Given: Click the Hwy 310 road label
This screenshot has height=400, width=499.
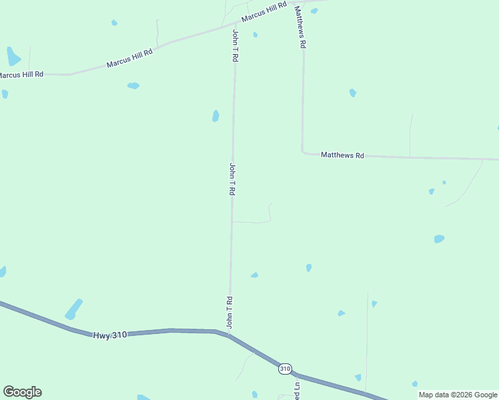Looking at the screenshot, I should [x=109, y=335].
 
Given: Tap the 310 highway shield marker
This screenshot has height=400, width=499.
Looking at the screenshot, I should [x=285, y=368].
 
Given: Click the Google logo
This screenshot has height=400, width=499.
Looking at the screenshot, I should [x=22, y=392].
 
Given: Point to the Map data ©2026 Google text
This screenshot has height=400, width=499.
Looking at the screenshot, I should [x=458, y=395].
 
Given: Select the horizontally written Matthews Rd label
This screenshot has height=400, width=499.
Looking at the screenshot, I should [x=342, y=155].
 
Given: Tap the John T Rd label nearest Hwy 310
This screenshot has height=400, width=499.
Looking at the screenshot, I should [x=229, y=312].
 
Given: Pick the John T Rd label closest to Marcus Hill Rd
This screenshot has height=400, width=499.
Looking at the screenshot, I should [x=235, y=46].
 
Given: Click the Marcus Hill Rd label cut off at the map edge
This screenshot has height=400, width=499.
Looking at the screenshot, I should [x=21, y=75].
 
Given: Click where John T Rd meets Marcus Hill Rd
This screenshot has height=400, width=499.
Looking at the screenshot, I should [x=235, y=26].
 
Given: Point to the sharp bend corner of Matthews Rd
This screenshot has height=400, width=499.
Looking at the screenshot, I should [x=304, y=152].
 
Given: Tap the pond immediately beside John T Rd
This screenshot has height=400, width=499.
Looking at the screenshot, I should [x=215, y=116].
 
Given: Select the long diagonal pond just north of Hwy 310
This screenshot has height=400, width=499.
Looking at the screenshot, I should [x=73, y=309].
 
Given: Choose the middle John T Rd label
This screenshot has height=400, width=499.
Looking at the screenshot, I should [x=232, y=179].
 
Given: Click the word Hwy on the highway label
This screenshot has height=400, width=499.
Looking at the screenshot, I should [x=101, y=335].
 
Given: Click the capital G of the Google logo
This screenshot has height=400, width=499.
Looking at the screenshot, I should [x=9, y=392].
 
